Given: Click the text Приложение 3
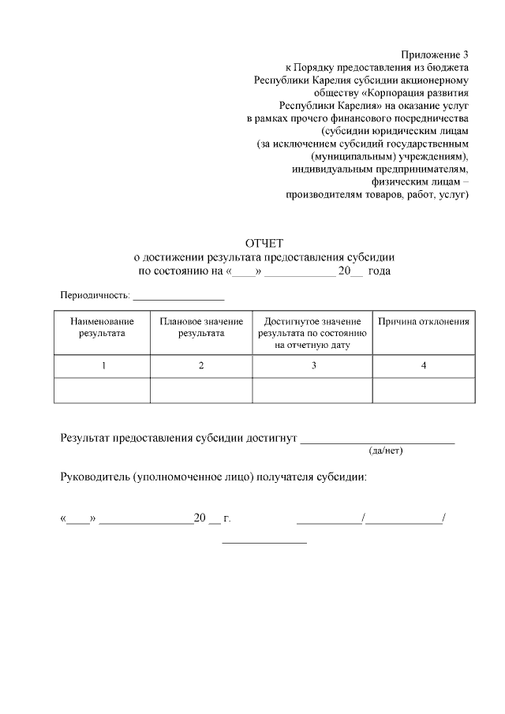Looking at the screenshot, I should (x=434, y=54).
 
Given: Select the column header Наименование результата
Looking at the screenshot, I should (x=102, y=327).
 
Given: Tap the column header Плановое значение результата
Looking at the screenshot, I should (x=201, y=327).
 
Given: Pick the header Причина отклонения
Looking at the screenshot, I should (x=424, y=322).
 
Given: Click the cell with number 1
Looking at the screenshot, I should (x=103, y=366).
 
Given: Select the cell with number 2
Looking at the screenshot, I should (x=201, y=366).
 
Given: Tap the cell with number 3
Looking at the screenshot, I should (x=313, y=366).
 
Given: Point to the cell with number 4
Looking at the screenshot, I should (x=424, y=366).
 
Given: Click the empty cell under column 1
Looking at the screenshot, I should (x=103, y=391).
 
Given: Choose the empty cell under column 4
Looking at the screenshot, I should (x=424, y=391).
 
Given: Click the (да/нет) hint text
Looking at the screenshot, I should (x=386, y=451).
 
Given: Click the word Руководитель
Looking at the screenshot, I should (x=95, y=477).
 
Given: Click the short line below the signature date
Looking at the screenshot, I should (x=264, y=542).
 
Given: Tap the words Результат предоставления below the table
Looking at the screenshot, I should (x=126, y=439).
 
